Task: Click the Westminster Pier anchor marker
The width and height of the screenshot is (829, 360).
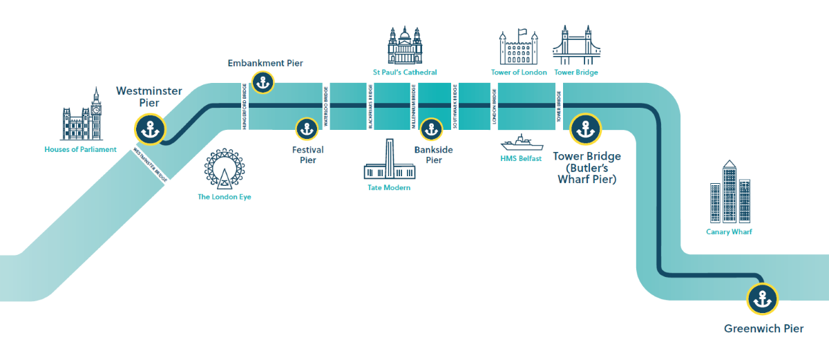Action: [150, 129]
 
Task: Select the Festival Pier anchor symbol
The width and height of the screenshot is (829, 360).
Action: [306, 129]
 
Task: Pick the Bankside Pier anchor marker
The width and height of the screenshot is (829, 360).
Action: [431, 129]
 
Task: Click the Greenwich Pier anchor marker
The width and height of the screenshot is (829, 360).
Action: [763, 299]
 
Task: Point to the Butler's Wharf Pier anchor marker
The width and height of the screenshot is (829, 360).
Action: [586, 129]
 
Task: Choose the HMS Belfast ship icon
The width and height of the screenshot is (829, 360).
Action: [521, 144]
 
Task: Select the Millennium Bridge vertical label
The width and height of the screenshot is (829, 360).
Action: [413, 105]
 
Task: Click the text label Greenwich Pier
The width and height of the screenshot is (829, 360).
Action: [763, 329]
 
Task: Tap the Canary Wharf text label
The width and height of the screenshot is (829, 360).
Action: [729, 232]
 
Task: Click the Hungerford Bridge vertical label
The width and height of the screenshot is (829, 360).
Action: [245, 105]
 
